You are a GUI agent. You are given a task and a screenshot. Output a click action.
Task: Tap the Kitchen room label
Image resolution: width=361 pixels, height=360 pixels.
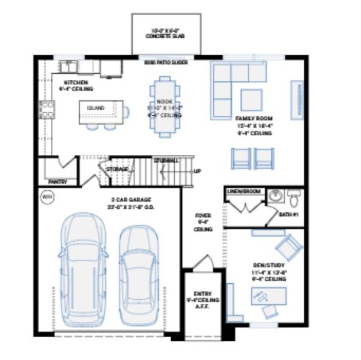click(x=76, y=83)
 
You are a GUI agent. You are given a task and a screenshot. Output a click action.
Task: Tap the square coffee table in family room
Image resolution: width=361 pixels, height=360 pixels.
click(x=251, y=99)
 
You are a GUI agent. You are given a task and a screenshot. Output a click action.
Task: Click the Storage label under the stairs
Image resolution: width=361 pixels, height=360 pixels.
click(x=117, y=170)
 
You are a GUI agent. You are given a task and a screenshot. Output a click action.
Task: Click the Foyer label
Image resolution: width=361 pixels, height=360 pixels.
click(x=202, y=221)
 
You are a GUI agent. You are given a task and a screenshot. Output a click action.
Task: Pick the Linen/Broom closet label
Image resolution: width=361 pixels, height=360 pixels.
click(x=244, y=191)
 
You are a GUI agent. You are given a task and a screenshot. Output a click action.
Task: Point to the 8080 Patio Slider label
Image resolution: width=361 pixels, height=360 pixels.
click(x=164, y=61)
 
